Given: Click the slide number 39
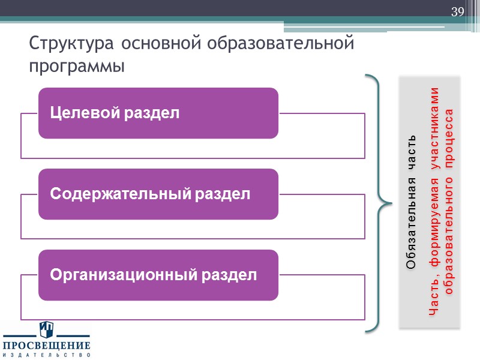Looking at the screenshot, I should [x=458, y=12].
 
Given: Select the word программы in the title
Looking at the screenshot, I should [x=76, y=65].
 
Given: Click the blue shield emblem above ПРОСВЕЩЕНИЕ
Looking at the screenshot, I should [x=46, y=330].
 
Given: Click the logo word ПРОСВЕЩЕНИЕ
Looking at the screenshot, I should [x=46, y=346].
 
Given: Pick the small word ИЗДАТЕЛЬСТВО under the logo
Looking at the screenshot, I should [x=46, y=355].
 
